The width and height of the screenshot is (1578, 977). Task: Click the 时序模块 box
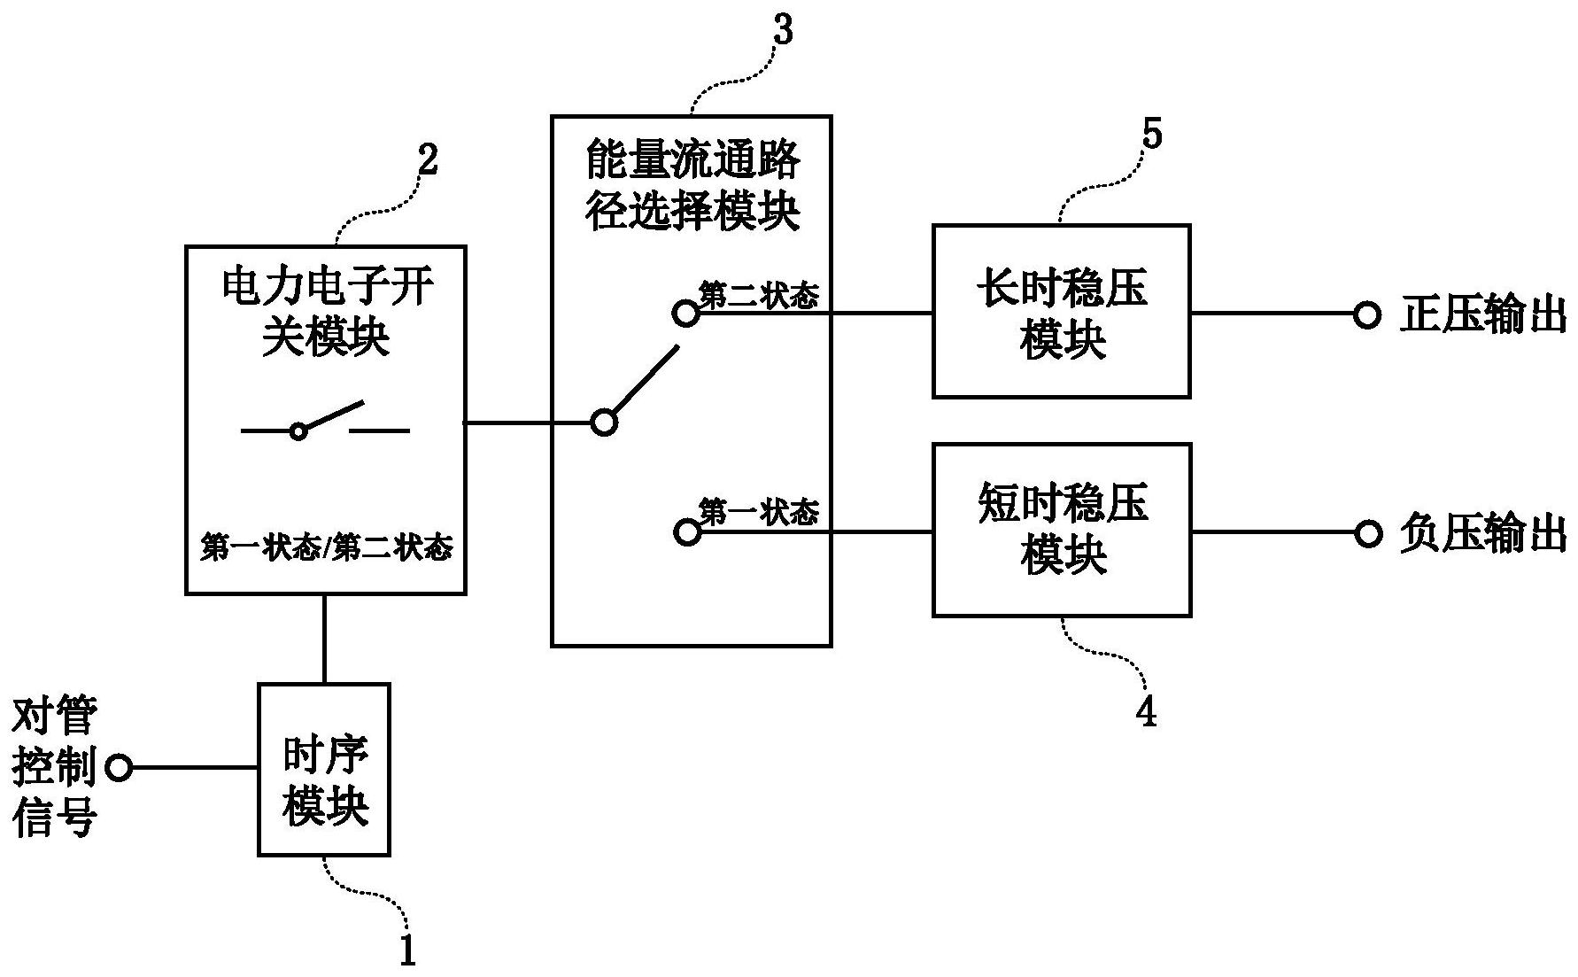click(x=324, y=769)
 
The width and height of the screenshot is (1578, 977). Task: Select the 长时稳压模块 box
click(x=1061, y=312)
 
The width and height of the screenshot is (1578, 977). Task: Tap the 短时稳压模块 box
click(x=1061, y=530)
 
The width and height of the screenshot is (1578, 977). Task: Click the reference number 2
click(x=427, y=161)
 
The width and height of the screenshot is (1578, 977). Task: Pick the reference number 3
click(x=783, y=30)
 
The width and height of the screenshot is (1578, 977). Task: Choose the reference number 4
click(x=1146, y=711)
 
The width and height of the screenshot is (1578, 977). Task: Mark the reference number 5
click(x=1152, y=135)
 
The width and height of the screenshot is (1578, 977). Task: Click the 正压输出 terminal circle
click(x=1366, y=314)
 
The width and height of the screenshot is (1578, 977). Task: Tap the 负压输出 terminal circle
click(x=1368, y=533)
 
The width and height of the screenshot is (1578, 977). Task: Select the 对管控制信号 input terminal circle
click(x=119, y=768)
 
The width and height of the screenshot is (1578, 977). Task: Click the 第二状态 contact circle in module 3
click(x=685, y=314)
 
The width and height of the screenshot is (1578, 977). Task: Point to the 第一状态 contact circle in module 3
click(x=687, y=532)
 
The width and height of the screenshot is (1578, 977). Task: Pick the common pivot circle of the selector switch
click(x=604, y=423)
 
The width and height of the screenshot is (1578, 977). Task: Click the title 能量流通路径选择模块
click(x=692, y=186)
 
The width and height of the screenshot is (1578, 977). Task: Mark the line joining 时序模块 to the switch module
click(x=325, y=639)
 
